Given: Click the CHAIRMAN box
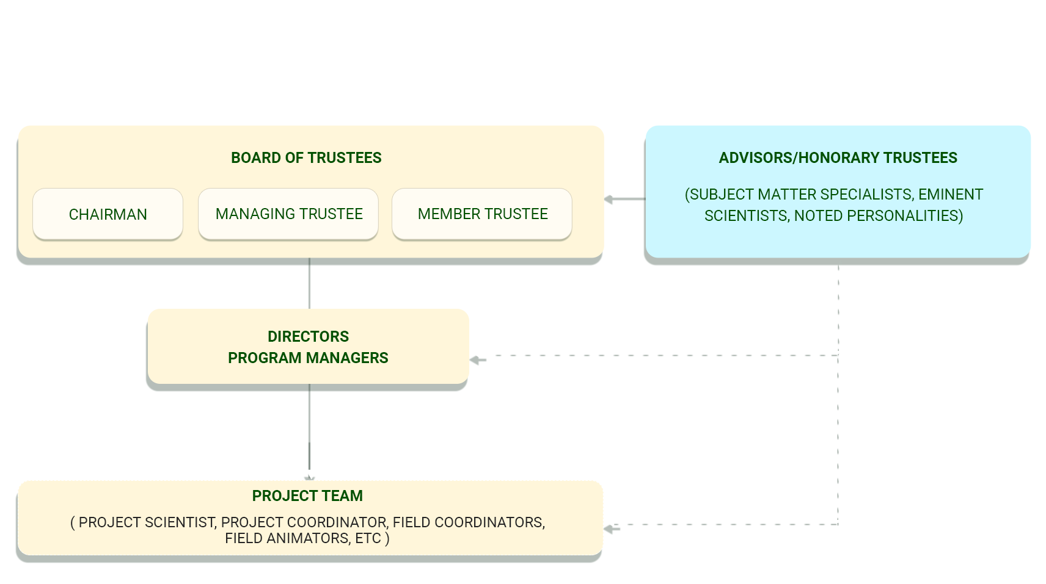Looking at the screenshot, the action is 108,214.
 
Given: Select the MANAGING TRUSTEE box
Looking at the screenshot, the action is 288,214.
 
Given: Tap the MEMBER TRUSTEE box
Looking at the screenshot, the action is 482,214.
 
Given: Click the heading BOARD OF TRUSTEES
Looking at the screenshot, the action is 306,157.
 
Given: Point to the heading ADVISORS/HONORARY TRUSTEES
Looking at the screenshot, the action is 838,157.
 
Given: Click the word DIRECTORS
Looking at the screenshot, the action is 308,336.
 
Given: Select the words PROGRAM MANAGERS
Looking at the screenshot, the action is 308,358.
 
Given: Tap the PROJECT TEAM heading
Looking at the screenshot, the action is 307,496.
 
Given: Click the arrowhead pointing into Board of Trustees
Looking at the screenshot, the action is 608,199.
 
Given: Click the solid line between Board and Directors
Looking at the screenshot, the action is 309,284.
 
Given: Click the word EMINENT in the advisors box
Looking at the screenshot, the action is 951,194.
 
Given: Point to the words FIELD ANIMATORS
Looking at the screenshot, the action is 287,538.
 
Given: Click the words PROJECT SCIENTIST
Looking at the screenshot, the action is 147,522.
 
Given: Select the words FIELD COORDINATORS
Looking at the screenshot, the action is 469,522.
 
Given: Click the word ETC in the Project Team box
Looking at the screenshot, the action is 368,538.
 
